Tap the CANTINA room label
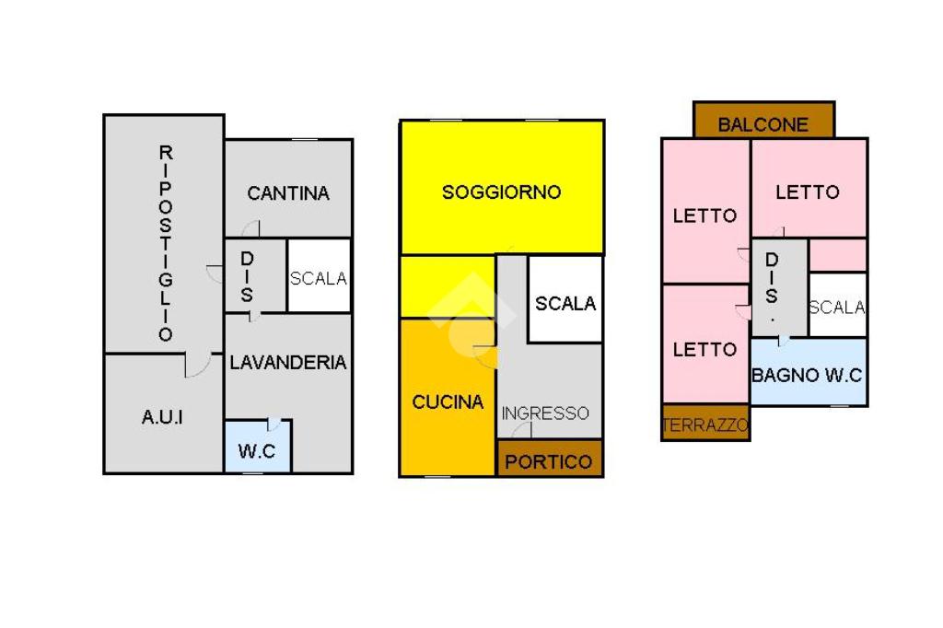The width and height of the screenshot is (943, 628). tap(288, 193)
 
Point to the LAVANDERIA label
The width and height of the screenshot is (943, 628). tap(288, 363)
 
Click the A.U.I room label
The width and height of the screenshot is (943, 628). tap(162, 417)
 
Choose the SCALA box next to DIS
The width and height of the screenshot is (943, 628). tap(319, 276)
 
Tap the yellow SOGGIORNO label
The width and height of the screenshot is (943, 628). tap(502, 192)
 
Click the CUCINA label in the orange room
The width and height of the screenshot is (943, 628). tap(448, 402)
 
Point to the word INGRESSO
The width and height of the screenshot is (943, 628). tap(545, 413)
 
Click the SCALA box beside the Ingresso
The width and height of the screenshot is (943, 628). tap(565, 301)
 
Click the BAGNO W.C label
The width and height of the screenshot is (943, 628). tap(808, 375)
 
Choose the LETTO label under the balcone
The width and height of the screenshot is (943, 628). tap(808, 192)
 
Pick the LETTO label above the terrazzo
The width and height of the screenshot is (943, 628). tap(705, 350)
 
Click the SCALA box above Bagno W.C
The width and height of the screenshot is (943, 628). tap(837, 306)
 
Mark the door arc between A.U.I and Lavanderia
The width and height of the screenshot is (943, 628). tap(198, 366)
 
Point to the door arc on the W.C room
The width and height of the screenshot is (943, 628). tap(274, 424)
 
